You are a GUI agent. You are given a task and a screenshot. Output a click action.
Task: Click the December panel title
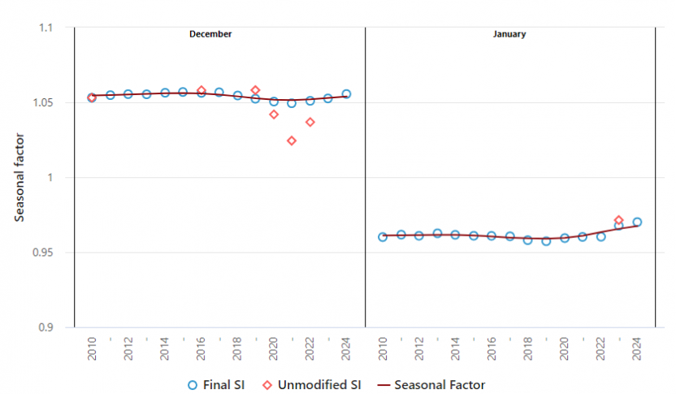click(x=210, y=34)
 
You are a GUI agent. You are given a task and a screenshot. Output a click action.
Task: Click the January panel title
click(x=509, y=34)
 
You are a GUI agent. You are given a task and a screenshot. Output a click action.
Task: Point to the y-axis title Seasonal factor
click(x=19, y=178)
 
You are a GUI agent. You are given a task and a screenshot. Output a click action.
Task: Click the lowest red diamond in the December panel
click(x=292, y=141)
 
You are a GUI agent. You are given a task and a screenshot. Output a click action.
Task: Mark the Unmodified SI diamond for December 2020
click(x=274, y=115)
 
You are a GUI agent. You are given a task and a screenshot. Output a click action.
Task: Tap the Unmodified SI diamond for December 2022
click(x=310, y=122)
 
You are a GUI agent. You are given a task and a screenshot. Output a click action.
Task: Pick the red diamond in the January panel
click(x=619, y=220)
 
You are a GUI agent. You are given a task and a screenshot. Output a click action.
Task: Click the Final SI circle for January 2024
click(x=637, y=222)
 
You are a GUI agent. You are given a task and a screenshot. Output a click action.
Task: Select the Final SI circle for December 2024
click(x=346, y=94)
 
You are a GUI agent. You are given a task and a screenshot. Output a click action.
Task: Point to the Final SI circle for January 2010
click(x=383, y=237)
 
